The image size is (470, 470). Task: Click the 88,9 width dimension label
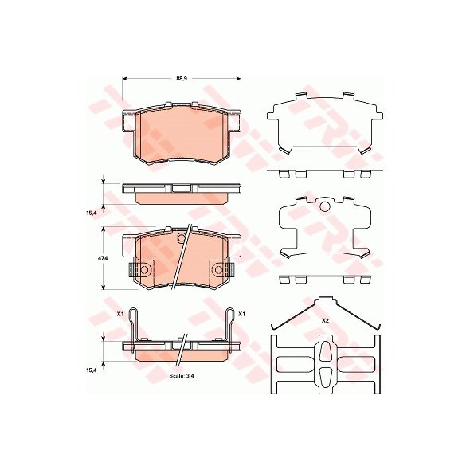(179, 79)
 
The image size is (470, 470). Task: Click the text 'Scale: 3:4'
(179, 375)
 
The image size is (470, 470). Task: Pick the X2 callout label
(325, 321)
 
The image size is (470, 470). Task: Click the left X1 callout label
(120, 314)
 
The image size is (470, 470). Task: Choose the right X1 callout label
(241, 314)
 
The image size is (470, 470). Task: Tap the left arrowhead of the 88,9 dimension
(125, 79)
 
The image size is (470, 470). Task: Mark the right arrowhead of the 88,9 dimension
(239, 79)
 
